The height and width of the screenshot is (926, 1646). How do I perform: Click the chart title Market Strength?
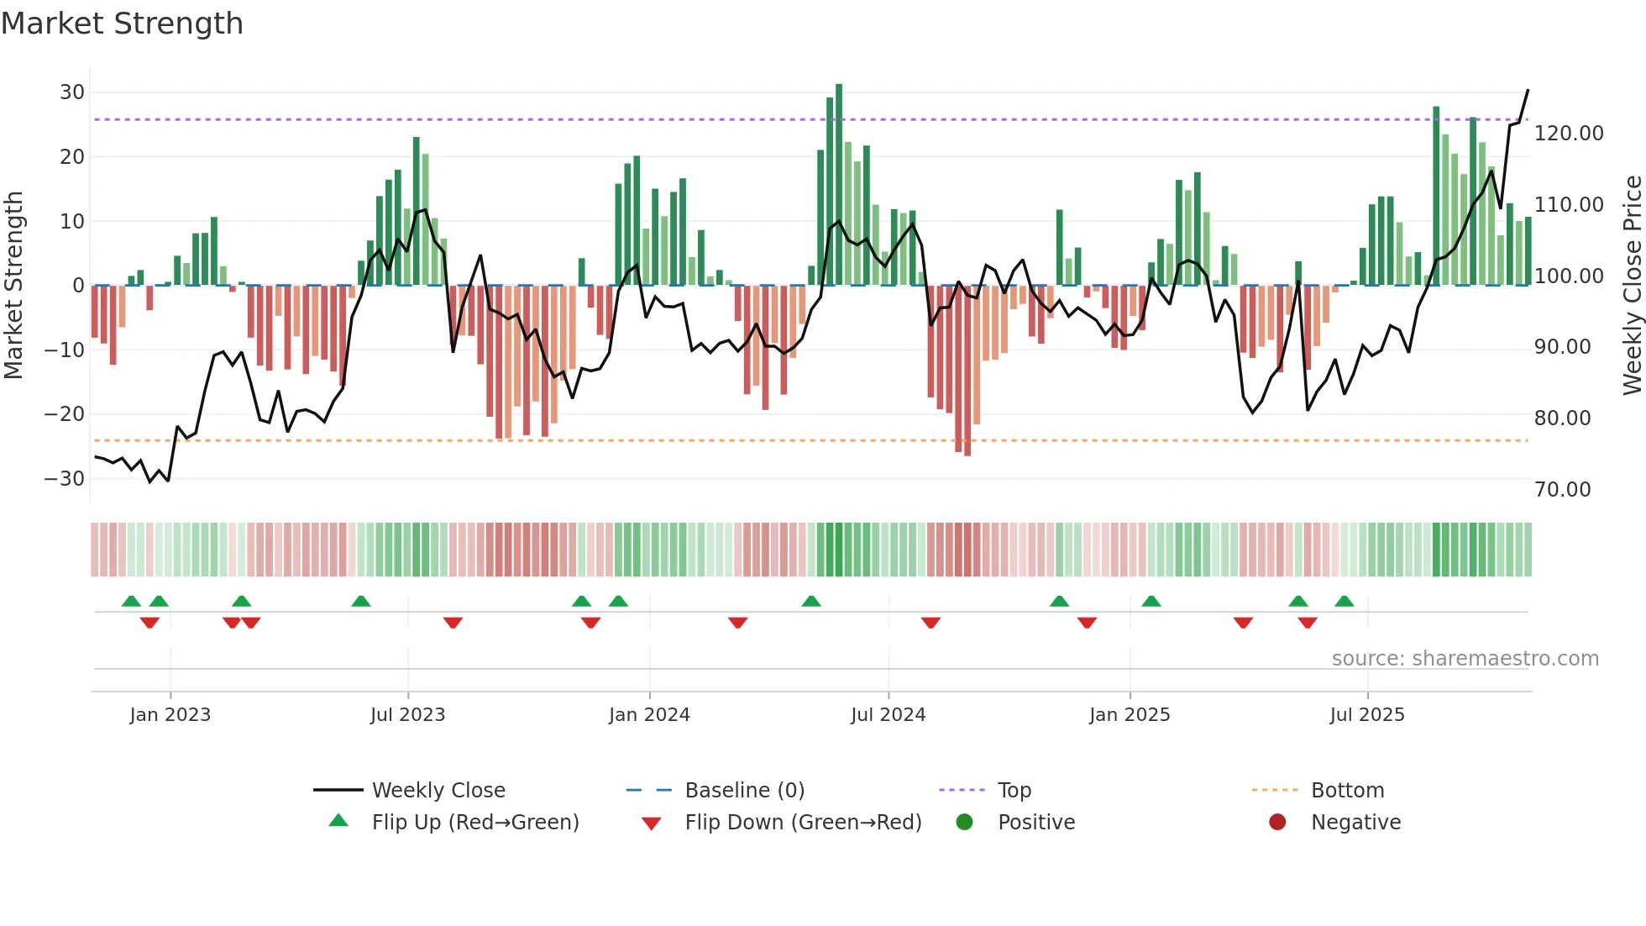pyautogui.click(x=122, y=24)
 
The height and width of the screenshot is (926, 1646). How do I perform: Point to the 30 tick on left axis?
pyautogui.click(x=71, y=92)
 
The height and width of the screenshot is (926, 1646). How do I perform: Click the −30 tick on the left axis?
pyautogui.click(x=65, y=479)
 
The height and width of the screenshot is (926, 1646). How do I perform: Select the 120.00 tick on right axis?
pyautogui.click(x=1568, y=134)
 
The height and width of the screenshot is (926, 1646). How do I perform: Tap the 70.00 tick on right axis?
pyautogui.click(x=1562, y=490)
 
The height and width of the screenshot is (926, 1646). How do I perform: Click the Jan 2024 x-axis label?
pyautogui.click(x=649, y=715)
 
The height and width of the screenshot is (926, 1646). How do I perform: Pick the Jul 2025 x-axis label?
pyautogui.click(x=1366, y=715)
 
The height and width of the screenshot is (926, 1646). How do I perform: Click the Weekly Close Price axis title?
pyautogui.click(x=1632, y=285)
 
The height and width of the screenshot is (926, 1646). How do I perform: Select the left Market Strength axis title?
pyautogui.click(x=13, y=285)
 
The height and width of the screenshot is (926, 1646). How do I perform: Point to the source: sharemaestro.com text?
pyautogui.click(x=1465, y=659)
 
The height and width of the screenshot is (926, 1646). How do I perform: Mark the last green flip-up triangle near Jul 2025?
pyautogui.click(x=1344, y=601)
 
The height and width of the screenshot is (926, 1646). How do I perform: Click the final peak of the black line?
pyautogui.click(x=1528, y=90)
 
